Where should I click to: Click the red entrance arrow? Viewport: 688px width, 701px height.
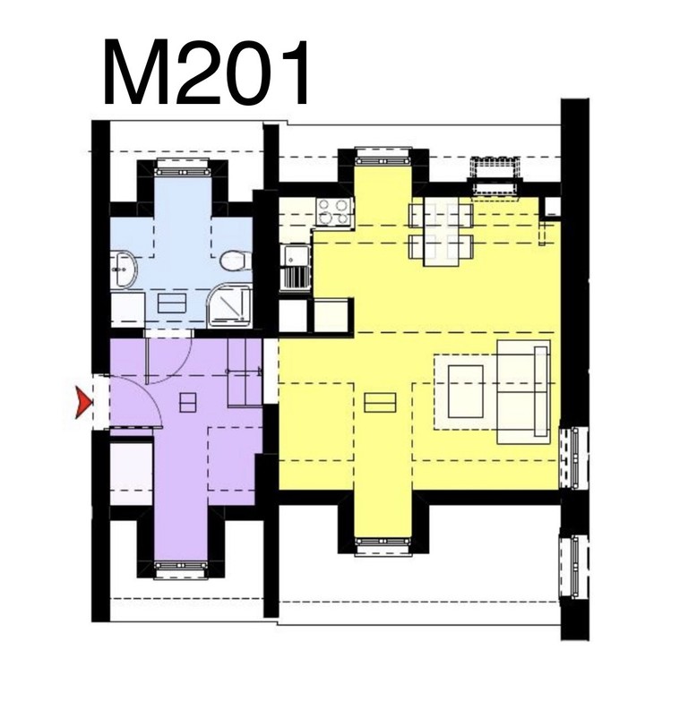pyautogui.click(x=83, y=402)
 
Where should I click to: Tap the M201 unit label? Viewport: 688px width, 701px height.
pyautogui.click(x=206, y=73)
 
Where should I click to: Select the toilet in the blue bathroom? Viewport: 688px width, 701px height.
pyautogui.click(x=236, y=261)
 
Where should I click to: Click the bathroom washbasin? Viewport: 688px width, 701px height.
pyautogui.click(x=124, y=269)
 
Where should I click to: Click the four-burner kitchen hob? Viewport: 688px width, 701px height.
pyautogui.click(x=335, y=212)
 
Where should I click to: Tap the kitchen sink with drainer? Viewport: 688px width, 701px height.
pyautogui.click(x=295, y=267)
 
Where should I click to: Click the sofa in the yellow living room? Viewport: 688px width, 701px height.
pyautogui.click(x=524, y=392)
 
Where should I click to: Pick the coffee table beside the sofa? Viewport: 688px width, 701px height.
pyautogui.click(x=466, y=391)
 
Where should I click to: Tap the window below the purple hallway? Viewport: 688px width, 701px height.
pyautogui.click(x=181, y=568)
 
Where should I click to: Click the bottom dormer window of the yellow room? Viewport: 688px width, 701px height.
pyautogui.click(x=383, y=545)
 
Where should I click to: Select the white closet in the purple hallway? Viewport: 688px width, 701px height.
pyautogui.click(x=132, y=472)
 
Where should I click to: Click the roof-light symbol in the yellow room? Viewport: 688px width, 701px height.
pyautogui.click(x=380, y=402)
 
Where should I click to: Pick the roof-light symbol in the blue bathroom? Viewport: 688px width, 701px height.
pyautogui.click(x=172, y=303)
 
